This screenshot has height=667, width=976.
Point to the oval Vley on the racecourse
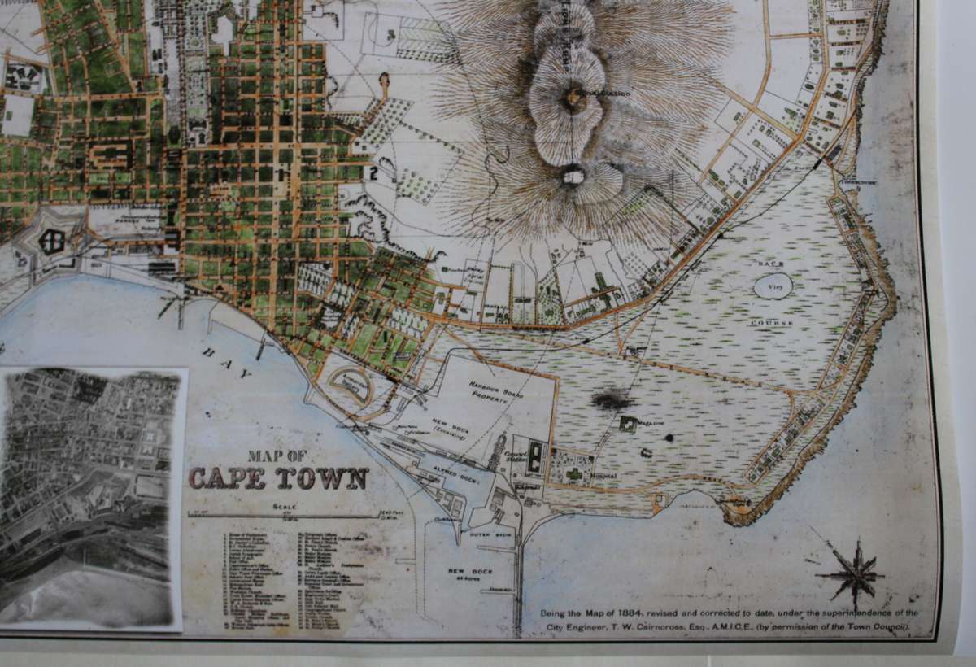coord(773,286)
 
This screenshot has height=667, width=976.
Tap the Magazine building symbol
coord(628,424)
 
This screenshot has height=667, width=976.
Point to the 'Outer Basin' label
coord(488,536)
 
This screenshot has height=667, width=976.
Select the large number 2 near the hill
coord(375,172)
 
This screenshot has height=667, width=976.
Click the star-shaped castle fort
coord(52,241)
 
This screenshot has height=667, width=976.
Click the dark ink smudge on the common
coord(612,399)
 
